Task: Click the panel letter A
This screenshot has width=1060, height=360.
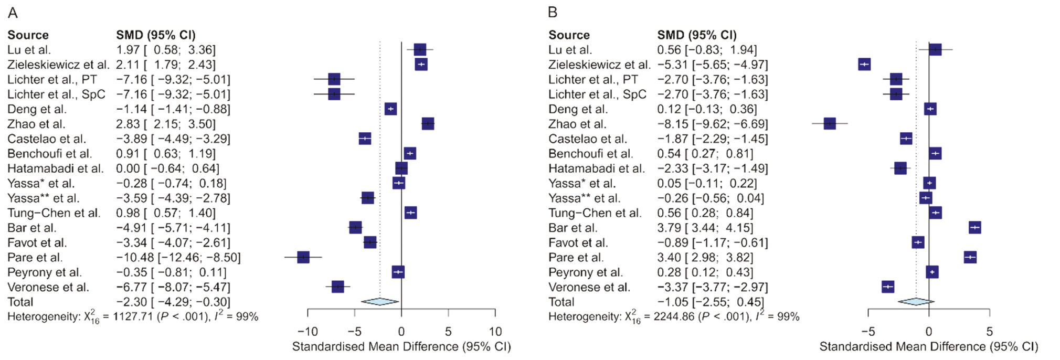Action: click(13, 13)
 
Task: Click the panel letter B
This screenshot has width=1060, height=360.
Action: click(553, 13)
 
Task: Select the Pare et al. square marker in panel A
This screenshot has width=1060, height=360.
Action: click(303, 257)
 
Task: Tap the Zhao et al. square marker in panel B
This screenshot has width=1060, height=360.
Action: click(830, 124)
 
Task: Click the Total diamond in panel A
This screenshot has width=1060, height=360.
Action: click(380, 301)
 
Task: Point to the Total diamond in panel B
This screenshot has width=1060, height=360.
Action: click(916, 301)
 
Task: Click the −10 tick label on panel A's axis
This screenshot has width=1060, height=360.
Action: click(308, 332)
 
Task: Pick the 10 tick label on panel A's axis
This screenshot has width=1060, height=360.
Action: click(495, 332)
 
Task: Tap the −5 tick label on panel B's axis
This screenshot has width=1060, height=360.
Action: click(868, 332)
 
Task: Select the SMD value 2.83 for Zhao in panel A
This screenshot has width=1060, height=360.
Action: click(128, 124)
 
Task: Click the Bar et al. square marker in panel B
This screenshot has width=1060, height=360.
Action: click(975, 227)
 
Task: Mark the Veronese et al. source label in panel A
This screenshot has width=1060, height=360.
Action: click(48, 287)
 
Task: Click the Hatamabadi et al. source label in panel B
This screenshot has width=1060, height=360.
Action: click(596, 168)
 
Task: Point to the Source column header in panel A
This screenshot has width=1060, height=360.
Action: click(28, 35)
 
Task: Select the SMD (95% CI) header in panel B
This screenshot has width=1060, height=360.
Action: click(697, 35)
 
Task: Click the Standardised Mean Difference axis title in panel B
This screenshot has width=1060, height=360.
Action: click(928, 346)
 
